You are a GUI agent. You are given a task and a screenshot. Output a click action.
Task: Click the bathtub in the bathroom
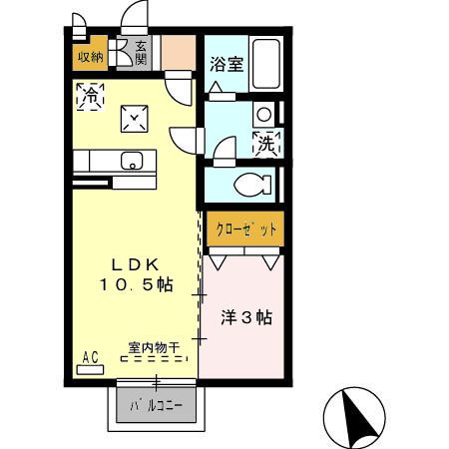[264, 65]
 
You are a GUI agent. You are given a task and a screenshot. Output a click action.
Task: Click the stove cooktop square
[135, 119]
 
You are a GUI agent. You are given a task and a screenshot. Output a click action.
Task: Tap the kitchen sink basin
[131, 160]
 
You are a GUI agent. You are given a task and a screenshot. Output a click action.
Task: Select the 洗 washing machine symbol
[266, 144]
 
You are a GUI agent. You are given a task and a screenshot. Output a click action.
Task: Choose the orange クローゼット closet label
[245, 228]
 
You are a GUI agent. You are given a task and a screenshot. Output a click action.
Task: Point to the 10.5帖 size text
[135, 285]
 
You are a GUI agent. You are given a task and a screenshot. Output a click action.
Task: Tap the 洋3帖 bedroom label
[245, 319]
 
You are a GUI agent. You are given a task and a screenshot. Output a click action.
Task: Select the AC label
[89, 357]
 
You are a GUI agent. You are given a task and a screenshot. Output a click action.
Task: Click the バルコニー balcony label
[158, 407]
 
